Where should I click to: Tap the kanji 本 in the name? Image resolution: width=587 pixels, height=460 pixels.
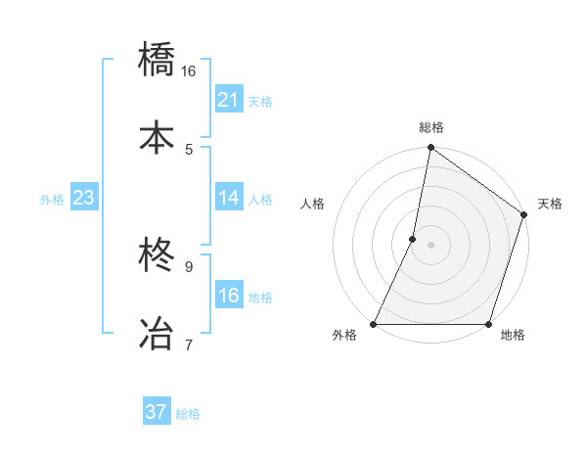point(157,135)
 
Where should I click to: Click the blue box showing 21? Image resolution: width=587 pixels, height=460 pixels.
point(229,100)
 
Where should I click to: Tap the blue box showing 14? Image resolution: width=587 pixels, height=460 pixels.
point(229,198)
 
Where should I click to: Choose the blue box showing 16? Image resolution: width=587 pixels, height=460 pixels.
point(229,296)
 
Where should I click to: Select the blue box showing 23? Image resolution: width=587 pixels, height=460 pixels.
point(83,198)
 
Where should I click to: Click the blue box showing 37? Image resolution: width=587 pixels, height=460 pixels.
point(157,412)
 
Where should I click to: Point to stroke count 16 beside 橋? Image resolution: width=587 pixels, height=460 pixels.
point(189,71)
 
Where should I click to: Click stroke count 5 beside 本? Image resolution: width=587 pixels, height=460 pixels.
point(189,149)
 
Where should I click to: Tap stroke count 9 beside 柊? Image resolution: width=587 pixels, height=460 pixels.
point(189,265)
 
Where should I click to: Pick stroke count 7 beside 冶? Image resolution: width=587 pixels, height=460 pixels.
point(189,344)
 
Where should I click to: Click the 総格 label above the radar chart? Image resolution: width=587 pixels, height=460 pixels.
point(431,127)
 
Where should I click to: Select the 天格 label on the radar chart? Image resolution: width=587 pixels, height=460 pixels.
point(550,205)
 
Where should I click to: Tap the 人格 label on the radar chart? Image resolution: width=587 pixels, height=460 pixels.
point(313,205)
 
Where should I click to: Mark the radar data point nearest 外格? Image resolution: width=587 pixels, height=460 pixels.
point(374,324)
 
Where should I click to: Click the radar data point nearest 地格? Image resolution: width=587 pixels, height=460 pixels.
point(488,324)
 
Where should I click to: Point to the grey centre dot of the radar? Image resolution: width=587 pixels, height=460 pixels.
point(430,245)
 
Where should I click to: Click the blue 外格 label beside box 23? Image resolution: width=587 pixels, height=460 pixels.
point(52,199)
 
